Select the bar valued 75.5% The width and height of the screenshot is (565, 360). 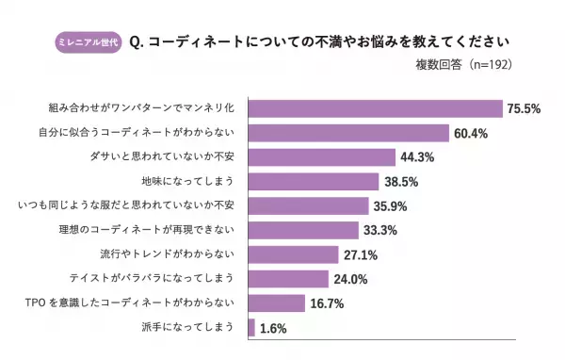pos(375,108)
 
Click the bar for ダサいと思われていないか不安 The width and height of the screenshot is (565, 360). pos(321,157)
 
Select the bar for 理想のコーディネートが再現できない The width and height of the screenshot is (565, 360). pos(303,230)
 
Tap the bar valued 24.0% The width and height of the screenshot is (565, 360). pos(288,279)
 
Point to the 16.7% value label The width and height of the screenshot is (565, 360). pos(329,303)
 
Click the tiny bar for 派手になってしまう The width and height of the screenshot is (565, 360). pos(251,328)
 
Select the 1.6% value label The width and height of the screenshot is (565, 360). pos(273,329)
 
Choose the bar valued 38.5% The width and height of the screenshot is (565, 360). pos(313,182)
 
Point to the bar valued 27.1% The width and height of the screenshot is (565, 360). pos(293,254)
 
